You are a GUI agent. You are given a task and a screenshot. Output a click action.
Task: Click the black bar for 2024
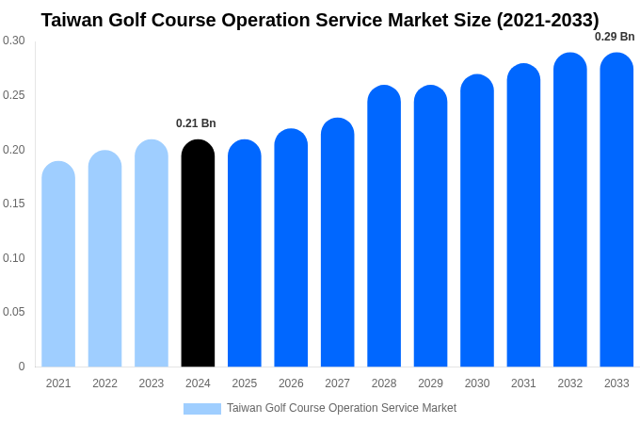click(198, 254)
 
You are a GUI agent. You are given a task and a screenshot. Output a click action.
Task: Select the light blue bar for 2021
click(58, 265)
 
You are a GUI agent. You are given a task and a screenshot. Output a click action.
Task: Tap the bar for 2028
click(384, 227)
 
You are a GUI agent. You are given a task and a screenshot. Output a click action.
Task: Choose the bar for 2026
click(291, 249)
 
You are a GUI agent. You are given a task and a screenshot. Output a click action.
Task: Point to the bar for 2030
click(477, 221)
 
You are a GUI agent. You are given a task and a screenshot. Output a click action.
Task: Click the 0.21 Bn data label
click(196, 123)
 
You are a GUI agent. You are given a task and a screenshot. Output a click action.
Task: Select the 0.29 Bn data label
click(615, 37)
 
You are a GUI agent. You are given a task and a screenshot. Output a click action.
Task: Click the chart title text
click(320, 20)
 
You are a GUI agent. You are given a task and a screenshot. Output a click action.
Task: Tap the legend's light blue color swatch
click(202, 409)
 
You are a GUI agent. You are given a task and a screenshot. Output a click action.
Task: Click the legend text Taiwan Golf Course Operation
click(342, 408)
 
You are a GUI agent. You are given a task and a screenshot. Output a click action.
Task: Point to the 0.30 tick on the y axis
click(14, 41)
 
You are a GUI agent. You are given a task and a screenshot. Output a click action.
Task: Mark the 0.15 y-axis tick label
click(14, 204)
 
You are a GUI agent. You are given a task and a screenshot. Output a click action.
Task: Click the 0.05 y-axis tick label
click(14, 312)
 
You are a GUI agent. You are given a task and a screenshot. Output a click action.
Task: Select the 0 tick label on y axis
click(22, 367)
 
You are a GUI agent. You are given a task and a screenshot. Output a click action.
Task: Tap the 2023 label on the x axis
click(152, 383)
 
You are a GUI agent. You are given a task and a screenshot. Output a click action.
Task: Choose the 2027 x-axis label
click(337, 383)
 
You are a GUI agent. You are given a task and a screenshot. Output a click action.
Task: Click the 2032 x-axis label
click(570, 383)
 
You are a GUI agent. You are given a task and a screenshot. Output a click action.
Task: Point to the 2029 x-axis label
click(430, 383)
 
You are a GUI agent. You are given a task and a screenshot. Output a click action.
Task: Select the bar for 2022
click(104, 259)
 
